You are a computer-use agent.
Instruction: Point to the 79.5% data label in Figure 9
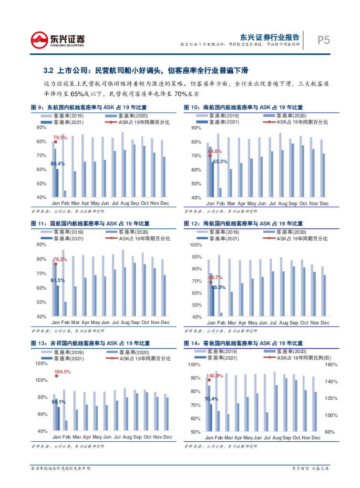click(60, 137)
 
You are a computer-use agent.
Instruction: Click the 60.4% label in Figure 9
click(58, 163)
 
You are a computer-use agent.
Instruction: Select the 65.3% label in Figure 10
click(220, 162)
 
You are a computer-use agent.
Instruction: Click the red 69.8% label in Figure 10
click(215, 151)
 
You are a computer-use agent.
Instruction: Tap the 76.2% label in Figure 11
click(60, 259)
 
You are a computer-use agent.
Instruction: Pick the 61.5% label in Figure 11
click(58, 280)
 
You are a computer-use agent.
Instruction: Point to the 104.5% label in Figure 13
click(62, 372)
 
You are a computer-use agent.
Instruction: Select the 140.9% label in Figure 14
click(215, 376)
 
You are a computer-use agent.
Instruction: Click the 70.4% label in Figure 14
click(211, 399)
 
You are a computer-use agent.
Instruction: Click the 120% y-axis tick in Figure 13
click(41, 363)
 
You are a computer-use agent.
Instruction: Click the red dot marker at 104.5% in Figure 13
click(56, 376)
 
